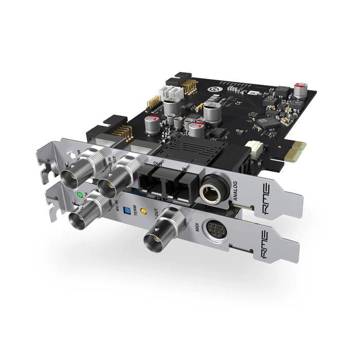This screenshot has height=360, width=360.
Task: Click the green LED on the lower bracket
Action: click(79, 195)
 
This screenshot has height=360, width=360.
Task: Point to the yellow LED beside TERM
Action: click(143, 211)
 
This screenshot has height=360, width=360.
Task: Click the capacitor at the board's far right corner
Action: click(300, 88)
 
